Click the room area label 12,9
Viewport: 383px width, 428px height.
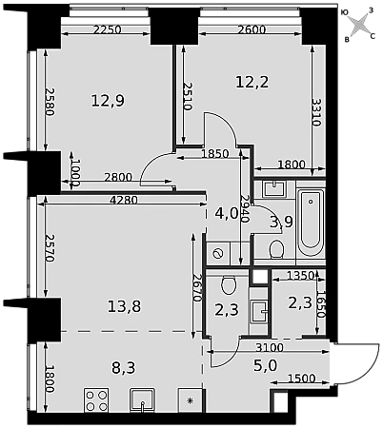(108, 101)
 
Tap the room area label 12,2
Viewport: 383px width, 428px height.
(252, 82)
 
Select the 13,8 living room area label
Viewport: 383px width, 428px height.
(124, 306)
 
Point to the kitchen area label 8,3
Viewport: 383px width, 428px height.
(124, 368)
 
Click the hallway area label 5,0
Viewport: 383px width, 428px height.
(266, 365)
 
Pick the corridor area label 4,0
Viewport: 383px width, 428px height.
(227, 213)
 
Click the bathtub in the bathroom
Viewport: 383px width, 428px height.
(311, 219)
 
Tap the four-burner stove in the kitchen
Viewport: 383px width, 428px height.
(96, 400)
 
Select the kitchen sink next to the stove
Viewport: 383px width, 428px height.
(142, 400)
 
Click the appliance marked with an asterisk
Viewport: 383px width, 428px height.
(190, 400)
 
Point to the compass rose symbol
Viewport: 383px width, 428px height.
(360, 25)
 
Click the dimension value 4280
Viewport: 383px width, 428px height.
(123, 201)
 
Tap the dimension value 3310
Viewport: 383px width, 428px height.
(316, 112)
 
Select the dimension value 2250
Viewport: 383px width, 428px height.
(108, 29)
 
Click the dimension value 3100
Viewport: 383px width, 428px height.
(270, 348)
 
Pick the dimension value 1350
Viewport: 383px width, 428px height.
(300, 276)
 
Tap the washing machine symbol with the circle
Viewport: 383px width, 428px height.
(218, 254)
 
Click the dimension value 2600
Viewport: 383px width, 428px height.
(252, 29)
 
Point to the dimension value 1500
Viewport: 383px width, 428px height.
(302, 379)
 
